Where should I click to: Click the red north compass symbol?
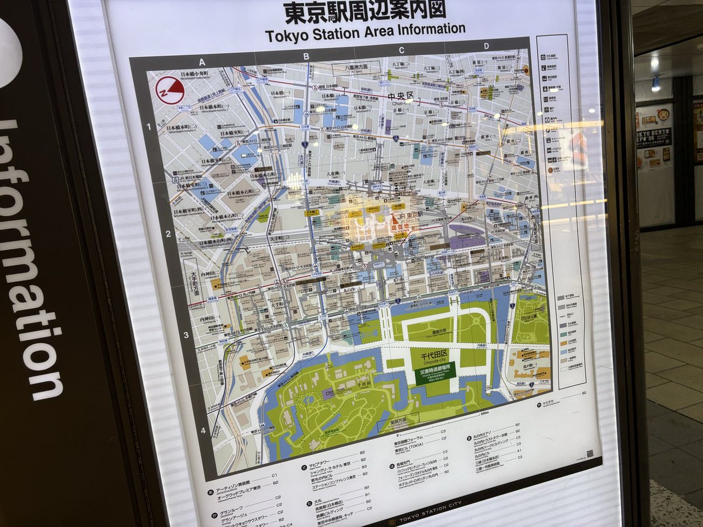click(170, 90)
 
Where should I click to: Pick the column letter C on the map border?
click(401, 50)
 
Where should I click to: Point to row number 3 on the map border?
click(185, 336)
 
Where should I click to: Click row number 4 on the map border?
click(203, 431)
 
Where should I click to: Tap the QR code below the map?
click(589, 453)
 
